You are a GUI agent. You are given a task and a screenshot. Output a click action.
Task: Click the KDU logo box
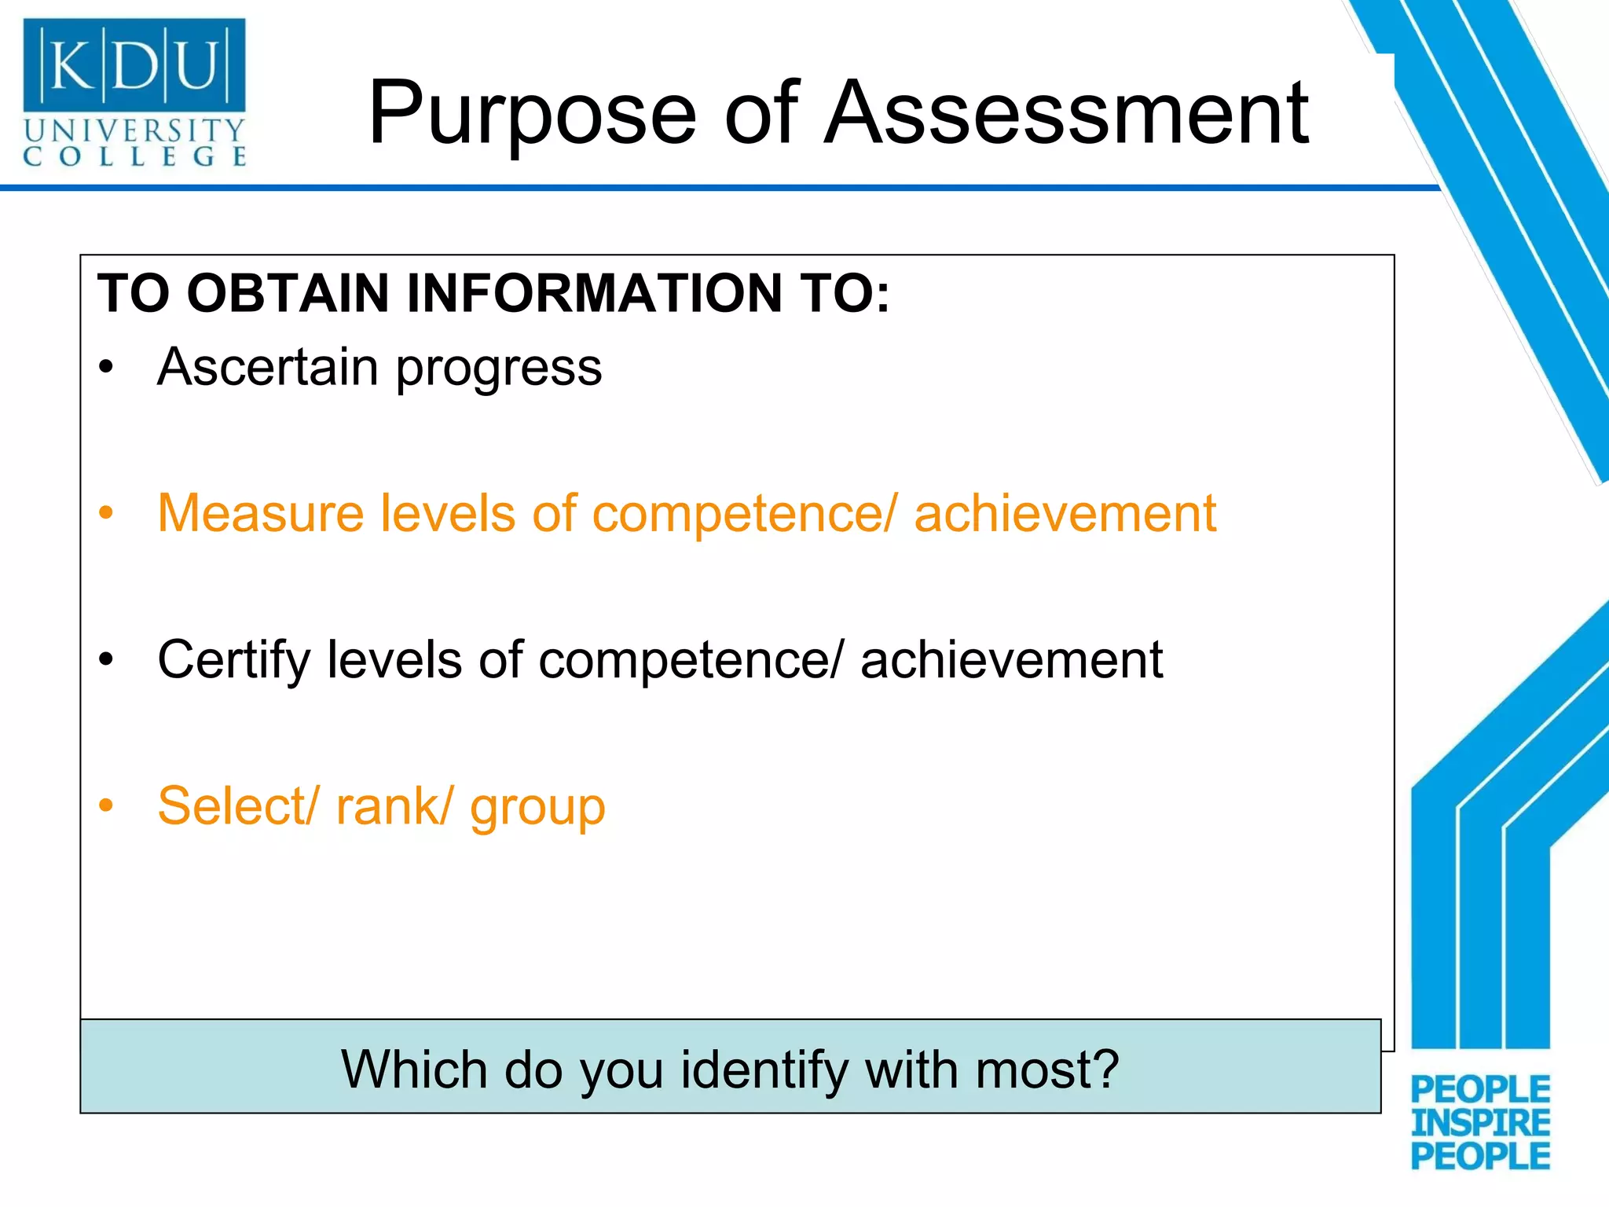tap(134, 64)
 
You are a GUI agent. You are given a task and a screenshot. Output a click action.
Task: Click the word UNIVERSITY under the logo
tap(134, 130)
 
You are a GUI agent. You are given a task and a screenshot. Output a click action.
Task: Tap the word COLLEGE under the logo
tap(134, 156)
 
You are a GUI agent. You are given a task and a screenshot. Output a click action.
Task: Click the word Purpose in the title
tap(532, 115)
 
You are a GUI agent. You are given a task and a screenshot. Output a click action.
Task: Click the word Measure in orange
tap(261, 513)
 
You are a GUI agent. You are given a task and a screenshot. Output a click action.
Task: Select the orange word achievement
tap(1065, 513)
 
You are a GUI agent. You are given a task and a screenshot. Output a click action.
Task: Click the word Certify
tap(233, 660)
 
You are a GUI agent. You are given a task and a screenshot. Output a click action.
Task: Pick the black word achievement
tap(1011, 659)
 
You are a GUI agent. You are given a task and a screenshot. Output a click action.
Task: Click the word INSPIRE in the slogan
tap(1480, 1123)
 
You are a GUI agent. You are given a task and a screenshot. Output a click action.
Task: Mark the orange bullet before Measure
tap(107, 513)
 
